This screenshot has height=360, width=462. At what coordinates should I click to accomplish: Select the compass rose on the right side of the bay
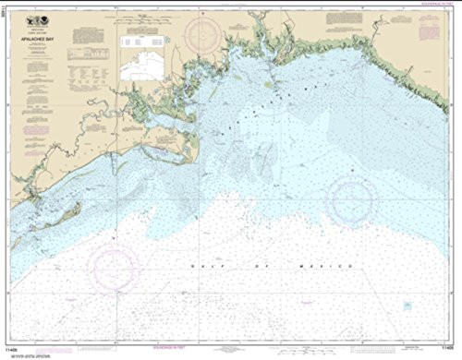352,197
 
